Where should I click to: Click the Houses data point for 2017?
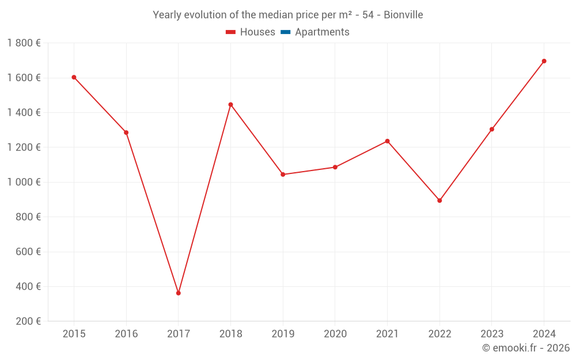tap(179, 293)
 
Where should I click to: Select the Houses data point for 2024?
tap(544, 61)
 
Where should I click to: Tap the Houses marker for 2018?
tap(230, 105)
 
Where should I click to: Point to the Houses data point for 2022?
tap(439, 200)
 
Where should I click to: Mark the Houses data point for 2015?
tap(74, 77)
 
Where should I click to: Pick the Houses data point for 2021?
tap(387, 141)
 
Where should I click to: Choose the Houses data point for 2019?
tap(283, 175)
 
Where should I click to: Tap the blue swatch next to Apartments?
tap(285, 32)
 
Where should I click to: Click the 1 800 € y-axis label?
tap(24, 43)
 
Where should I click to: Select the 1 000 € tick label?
tap(24, 182)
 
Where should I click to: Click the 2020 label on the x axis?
tap(335, 334)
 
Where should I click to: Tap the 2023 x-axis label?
tap(491, 334)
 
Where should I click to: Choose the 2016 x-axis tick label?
tap(126, 334)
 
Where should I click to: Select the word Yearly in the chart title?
tap(167, 15)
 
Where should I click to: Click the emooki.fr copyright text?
tap(526, 348)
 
